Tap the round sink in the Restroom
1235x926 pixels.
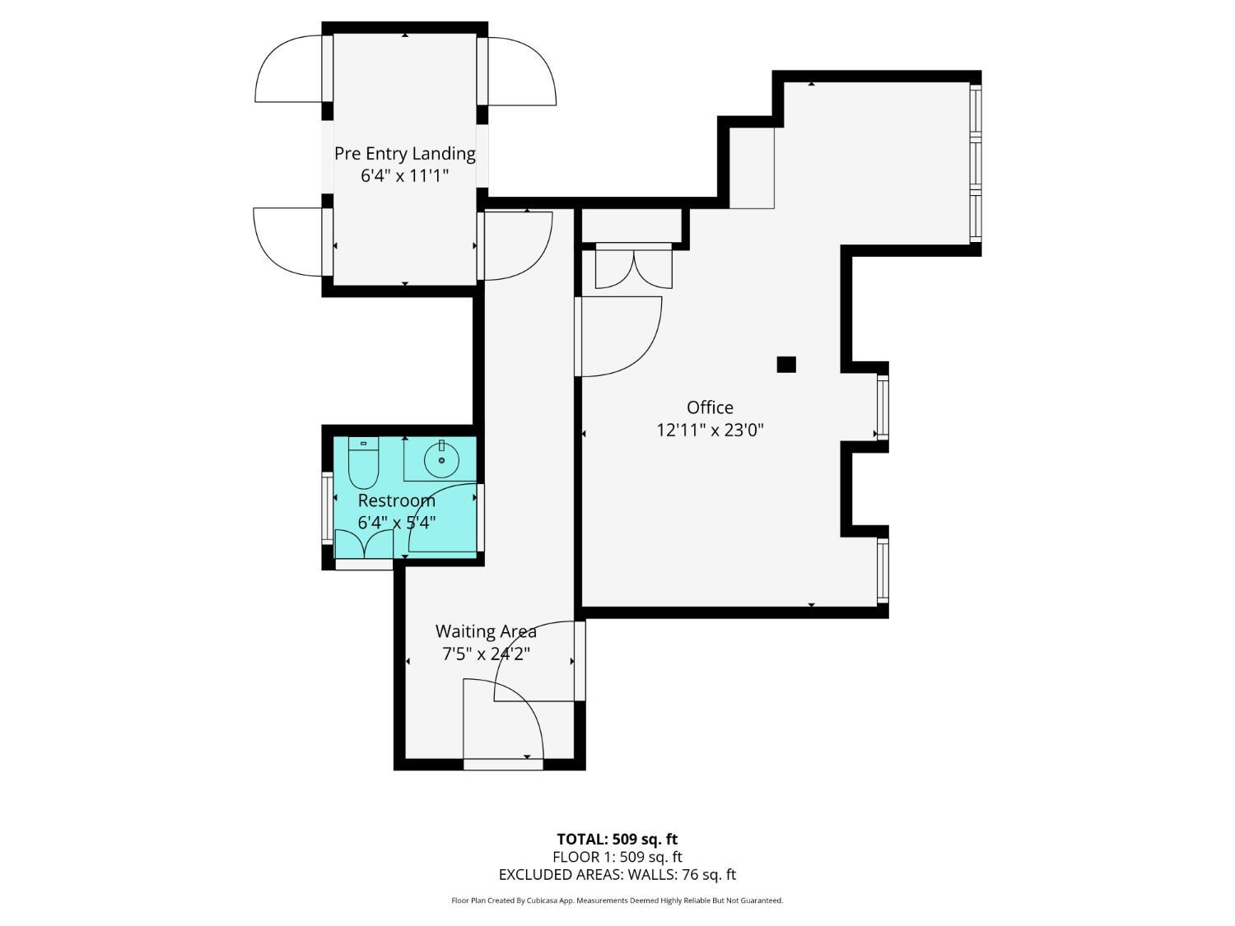click(442, 459)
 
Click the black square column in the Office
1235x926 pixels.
click(786, 364)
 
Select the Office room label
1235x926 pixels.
click(710, 407)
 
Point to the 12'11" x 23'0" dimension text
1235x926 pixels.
click(710, 430)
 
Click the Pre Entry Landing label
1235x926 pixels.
click(404, 153)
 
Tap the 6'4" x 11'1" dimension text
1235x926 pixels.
click(404, 175)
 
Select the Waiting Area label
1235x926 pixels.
click(486, 631)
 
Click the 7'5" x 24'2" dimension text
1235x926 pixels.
click(486, 654)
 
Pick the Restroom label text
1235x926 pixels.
click(396, 500)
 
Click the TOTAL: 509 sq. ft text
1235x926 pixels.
click(617, 839)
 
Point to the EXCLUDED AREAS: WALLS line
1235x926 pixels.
click(617, 875)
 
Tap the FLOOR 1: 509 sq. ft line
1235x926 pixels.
click(617, 857)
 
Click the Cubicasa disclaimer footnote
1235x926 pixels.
click(617, 900)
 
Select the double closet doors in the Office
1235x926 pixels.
click(633, 268)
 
